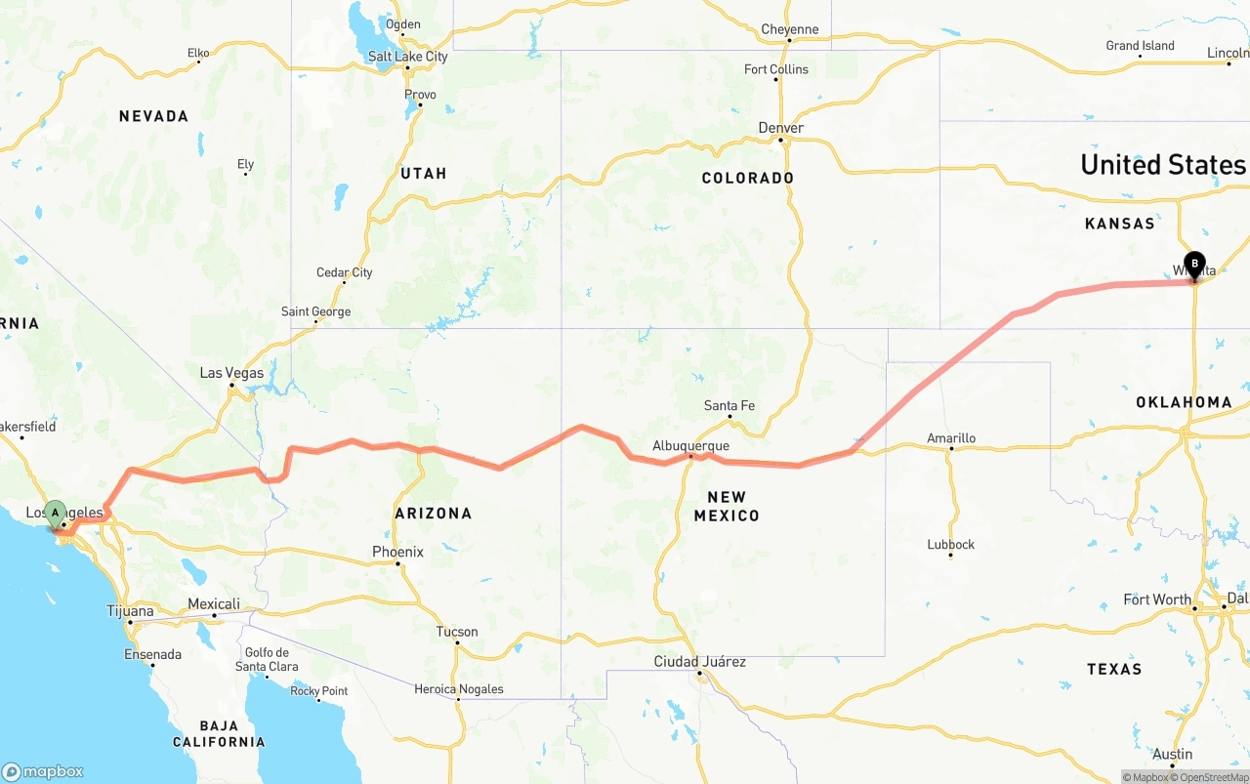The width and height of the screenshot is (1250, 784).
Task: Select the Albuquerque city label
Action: point(690,446)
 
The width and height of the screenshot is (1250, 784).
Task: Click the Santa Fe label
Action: point(729,406)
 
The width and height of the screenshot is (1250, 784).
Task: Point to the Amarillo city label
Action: point(950,438)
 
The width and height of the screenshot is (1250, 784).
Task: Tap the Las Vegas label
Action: point(231,373)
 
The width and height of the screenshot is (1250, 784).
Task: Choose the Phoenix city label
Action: point(397,552)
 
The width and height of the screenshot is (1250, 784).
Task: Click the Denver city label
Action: point(781,128)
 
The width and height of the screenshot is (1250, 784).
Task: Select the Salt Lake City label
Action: point(407,57)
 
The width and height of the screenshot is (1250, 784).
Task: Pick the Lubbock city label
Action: point(950,544)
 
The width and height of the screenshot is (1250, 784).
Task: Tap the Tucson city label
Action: point(457,632)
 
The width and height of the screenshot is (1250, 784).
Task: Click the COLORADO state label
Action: point(748,178)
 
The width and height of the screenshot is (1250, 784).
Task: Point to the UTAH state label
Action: point(423,173)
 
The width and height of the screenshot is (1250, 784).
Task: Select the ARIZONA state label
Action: point(433,513)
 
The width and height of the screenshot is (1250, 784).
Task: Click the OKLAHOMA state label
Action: point(1184,402)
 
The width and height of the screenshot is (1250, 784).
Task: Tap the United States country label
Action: point(1163,164)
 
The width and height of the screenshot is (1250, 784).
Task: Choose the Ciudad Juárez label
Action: point(699,662)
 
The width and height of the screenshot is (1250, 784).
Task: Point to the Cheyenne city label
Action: point(789,29)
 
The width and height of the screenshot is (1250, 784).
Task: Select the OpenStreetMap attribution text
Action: point(1213,777)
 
